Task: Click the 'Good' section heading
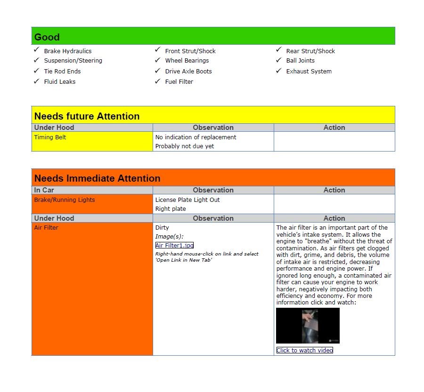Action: [x=47, y=37]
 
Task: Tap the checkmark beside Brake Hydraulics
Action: [x=36, y=49]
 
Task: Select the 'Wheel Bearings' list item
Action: [x=187, y=61]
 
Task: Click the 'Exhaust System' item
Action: [x=309, y=72]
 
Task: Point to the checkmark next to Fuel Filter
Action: [x=157, y=81]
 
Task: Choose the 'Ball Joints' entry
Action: [x=300, y=61]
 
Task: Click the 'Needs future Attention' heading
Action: [x=87, y=116]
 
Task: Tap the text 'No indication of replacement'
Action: [x=196, y=137]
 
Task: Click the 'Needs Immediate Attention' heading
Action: [x=97, y=178]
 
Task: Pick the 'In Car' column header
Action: [x=44, y=190]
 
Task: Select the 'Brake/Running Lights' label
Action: [x=65, y=200]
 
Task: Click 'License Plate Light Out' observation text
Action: [x=188, y=200]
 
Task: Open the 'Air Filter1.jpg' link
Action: [x=174, y=245]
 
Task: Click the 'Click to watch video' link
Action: [x=304, y=350]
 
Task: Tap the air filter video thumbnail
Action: [x=308, y=326]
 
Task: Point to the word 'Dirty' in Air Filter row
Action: [x=162, y=228]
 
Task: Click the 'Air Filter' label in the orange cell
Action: [x=46, y=228]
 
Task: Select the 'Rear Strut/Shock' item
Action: [x=310, y=51]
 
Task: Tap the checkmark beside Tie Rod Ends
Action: [x=36, y=71]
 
